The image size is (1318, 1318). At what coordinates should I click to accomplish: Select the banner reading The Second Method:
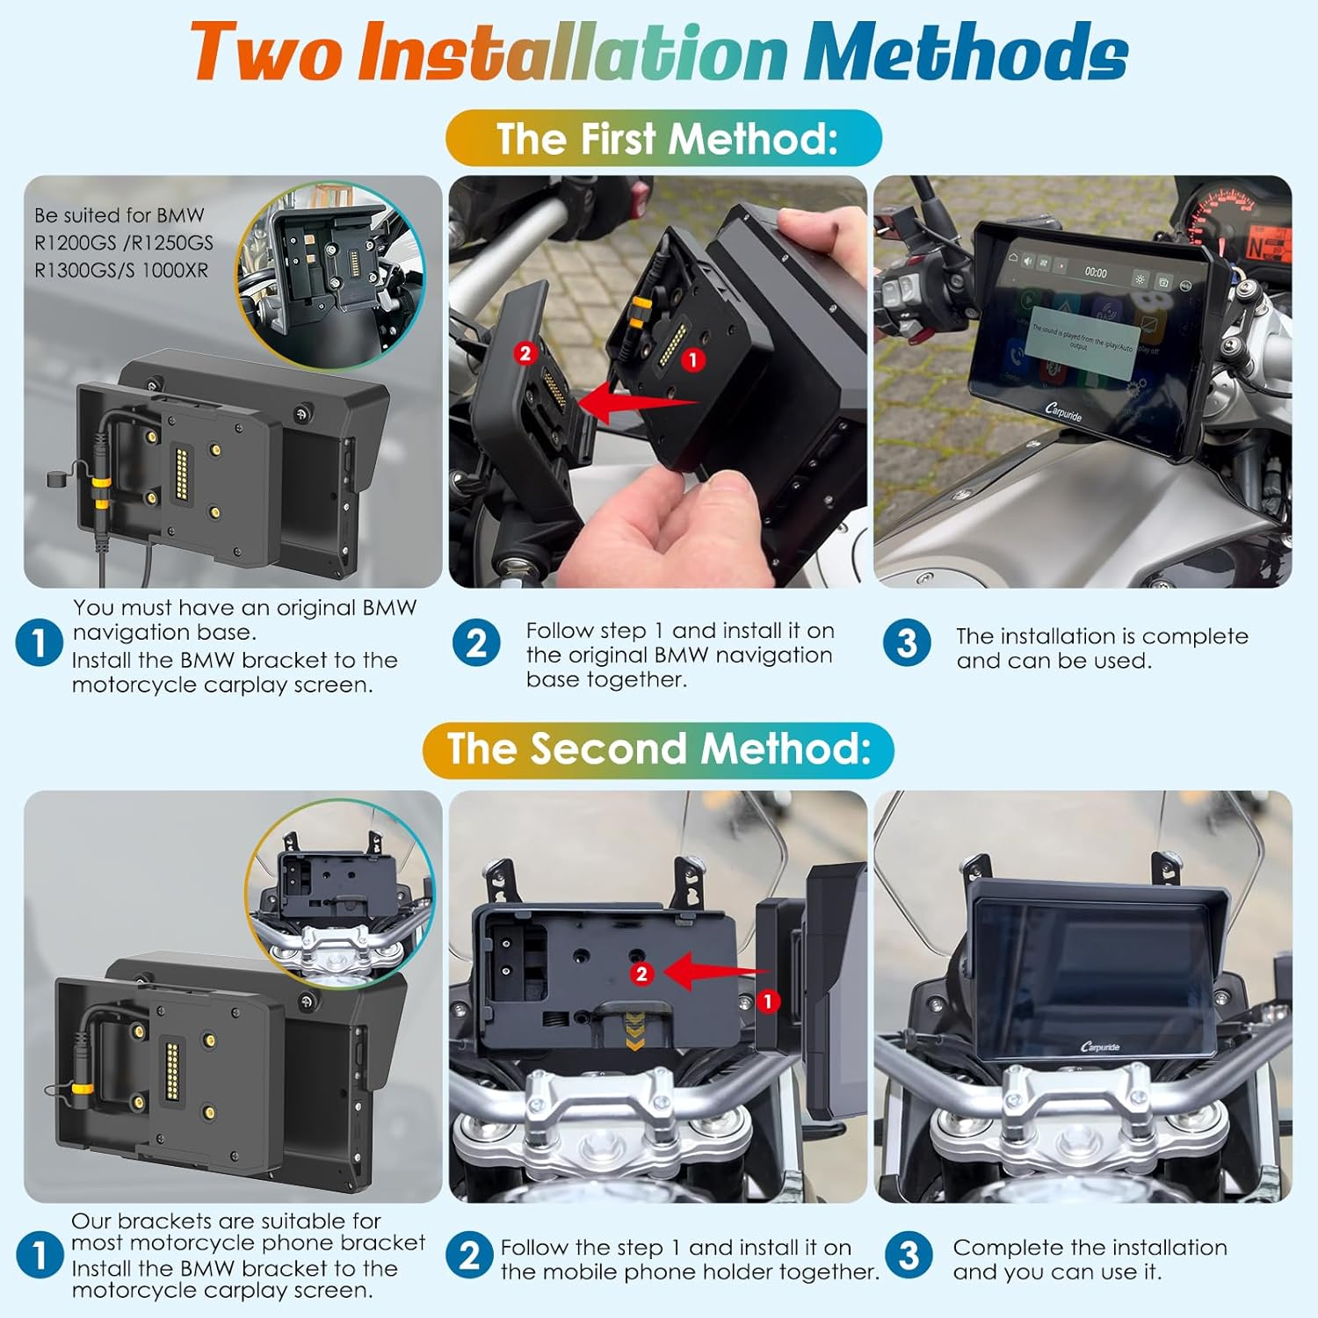659,750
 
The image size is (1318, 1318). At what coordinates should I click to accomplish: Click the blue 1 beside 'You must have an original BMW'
39,643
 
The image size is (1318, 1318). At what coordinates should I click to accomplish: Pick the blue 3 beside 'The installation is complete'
907,643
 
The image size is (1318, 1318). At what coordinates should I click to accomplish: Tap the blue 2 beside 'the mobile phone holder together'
470,1256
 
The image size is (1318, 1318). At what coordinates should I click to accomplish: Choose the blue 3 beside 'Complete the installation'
908,1256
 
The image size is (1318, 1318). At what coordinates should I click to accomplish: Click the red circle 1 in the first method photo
693,359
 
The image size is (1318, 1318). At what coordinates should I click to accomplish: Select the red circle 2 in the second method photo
641,974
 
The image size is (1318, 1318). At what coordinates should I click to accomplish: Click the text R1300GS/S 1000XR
121,271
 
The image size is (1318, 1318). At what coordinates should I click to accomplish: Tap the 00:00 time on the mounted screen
1096,272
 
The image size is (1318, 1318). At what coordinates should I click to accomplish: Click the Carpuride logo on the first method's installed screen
1064,411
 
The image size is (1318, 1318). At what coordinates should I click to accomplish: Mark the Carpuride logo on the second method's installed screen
1099,1046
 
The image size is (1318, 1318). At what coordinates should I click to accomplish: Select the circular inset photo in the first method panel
331,275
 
